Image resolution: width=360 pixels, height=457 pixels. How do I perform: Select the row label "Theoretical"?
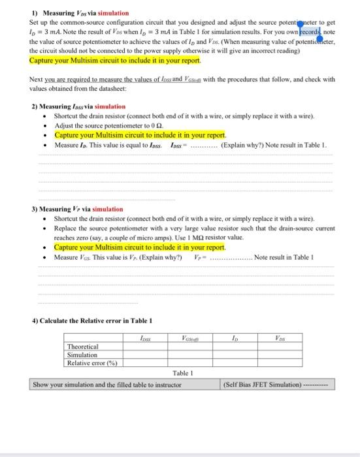83,347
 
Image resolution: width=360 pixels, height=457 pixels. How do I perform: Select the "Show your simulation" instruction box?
107,385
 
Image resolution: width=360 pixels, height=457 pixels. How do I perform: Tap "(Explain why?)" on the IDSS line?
240,144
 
